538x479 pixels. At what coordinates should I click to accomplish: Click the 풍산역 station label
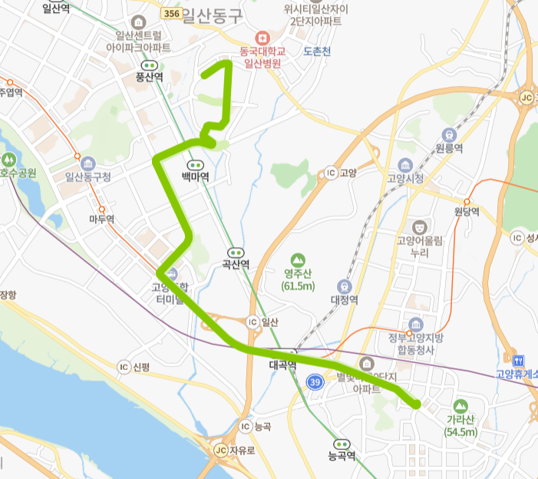tap(149, 77)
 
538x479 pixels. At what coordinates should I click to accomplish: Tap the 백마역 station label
tap(195, 176)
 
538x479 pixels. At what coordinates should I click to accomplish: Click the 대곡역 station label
tap(282, 365)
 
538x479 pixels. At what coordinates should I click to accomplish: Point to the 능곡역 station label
tap(342, 455)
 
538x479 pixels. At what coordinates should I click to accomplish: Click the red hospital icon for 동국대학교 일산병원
tap(262, 38)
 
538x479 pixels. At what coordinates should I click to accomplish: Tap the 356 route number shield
tap(172, 14)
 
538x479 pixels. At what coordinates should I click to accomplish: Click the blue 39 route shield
tap(315, 382)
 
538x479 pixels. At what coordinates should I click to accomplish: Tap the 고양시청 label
tap(405, 178)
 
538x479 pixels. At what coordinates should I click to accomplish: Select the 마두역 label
tap(101, 220)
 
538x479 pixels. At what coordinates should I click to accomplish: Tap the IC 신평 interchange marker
tap(123, 367)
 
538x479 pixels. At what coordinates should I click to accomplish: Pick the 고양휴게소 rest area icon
tap(517, 359)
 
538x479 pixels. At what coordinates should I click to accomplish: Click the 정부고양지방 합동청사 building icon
tap(416, 325)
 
